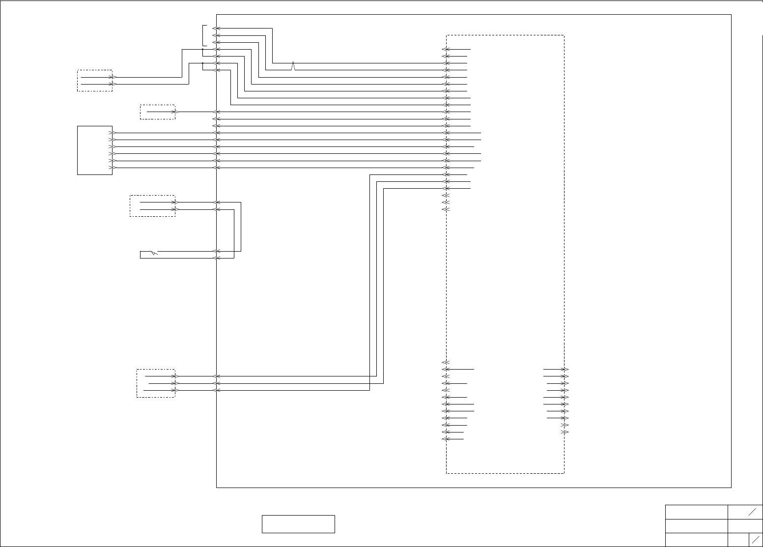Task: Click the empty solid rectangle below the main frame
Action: [x=298, y=524]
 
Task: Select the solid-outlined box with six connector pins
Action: [x=95, y=150]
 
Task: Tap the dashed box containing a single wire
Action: [x=157, y=112]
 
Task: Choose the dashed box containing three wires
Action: [x=156, y=383]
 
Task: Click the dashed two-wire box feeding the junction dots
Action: [x=95, y=81]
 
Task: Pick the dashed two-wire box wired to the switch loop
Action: [x=152, y=206]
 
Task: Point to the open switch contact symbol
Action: [x=154, y=253]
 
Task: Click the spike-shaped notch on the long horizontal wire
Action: [x=293, y=65]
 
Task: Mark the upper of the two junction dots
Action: [x=202, y=49]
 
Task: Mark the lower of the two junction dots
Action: [x=202, y=63]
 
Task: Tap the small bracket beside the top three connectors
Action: [x=204, y=35]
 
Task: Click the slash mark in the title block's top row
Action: [x=752, y=512]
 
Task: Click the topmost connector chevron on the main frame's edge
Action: [x=216, y=29]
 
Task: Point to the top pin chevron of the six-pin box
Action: [x=113, y=133]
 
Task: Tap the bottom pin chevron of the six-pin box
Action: [x=113, y=168]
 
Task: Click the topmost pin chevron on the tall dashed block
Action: [x=446, y=49]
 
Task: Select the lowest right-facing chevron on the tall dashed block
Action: [x=565, y=432]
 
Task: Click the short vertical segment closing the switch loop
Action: [x=141, y=255]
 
